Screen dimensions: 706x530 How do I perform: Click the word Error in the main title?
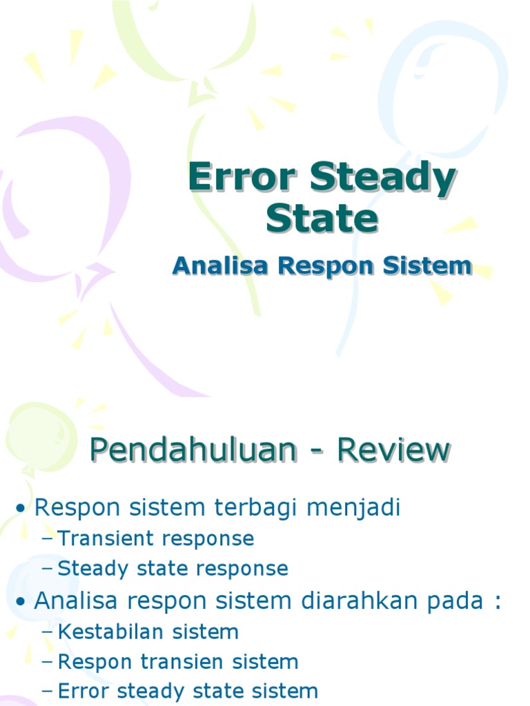(243, 179)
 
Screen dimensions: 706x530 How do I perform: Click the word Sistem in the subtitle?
(431, 266)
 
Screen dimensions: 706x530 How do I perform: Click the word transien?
(179, 663)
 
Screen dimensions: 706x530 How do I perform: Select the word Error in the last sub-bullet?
(83, 691)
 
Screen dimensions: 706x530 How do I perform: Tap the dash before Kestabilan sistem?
(48, 633)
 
